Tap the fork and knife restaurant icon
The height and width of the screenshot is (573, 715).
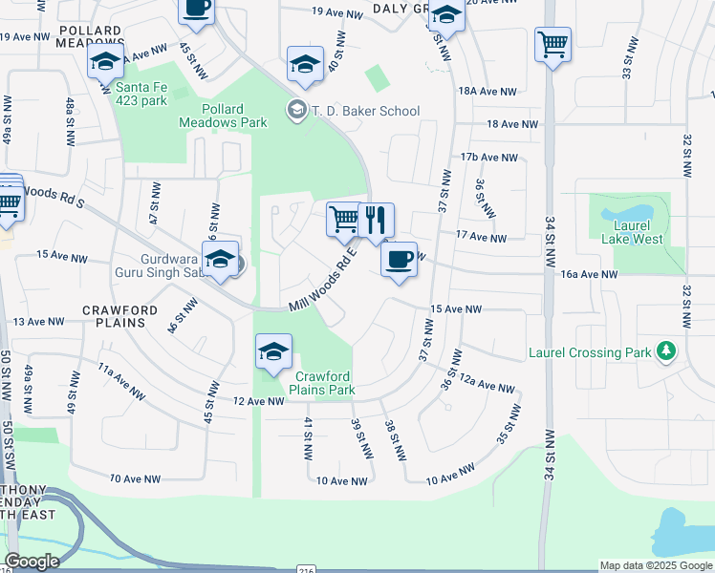click(376, 221)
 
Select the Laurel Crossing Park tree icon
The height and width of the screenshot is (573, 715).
click(667, 351)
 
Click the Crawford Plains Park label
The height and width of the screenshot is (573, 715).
click(325, 383)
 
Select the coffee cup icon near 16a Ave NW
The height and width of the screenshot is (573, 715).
click(399, 259)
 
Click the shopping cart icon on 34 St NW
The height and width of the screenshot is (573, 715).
click(552, 44)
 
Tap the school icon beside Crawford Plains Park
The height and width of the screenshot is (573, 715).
click(273, 352)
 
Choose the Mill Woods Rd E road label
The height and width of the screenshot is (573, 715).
click(323, 280)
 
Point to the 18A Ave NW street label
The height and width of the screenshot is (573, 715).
click(487, 92)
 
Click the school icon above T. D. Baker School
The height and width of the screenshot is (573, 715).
click(304, 65)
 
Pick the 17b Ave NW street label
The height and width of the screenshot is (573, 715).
click(488, 158)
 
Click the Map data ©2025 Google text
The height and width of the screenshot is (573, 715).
click(656, 565)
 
